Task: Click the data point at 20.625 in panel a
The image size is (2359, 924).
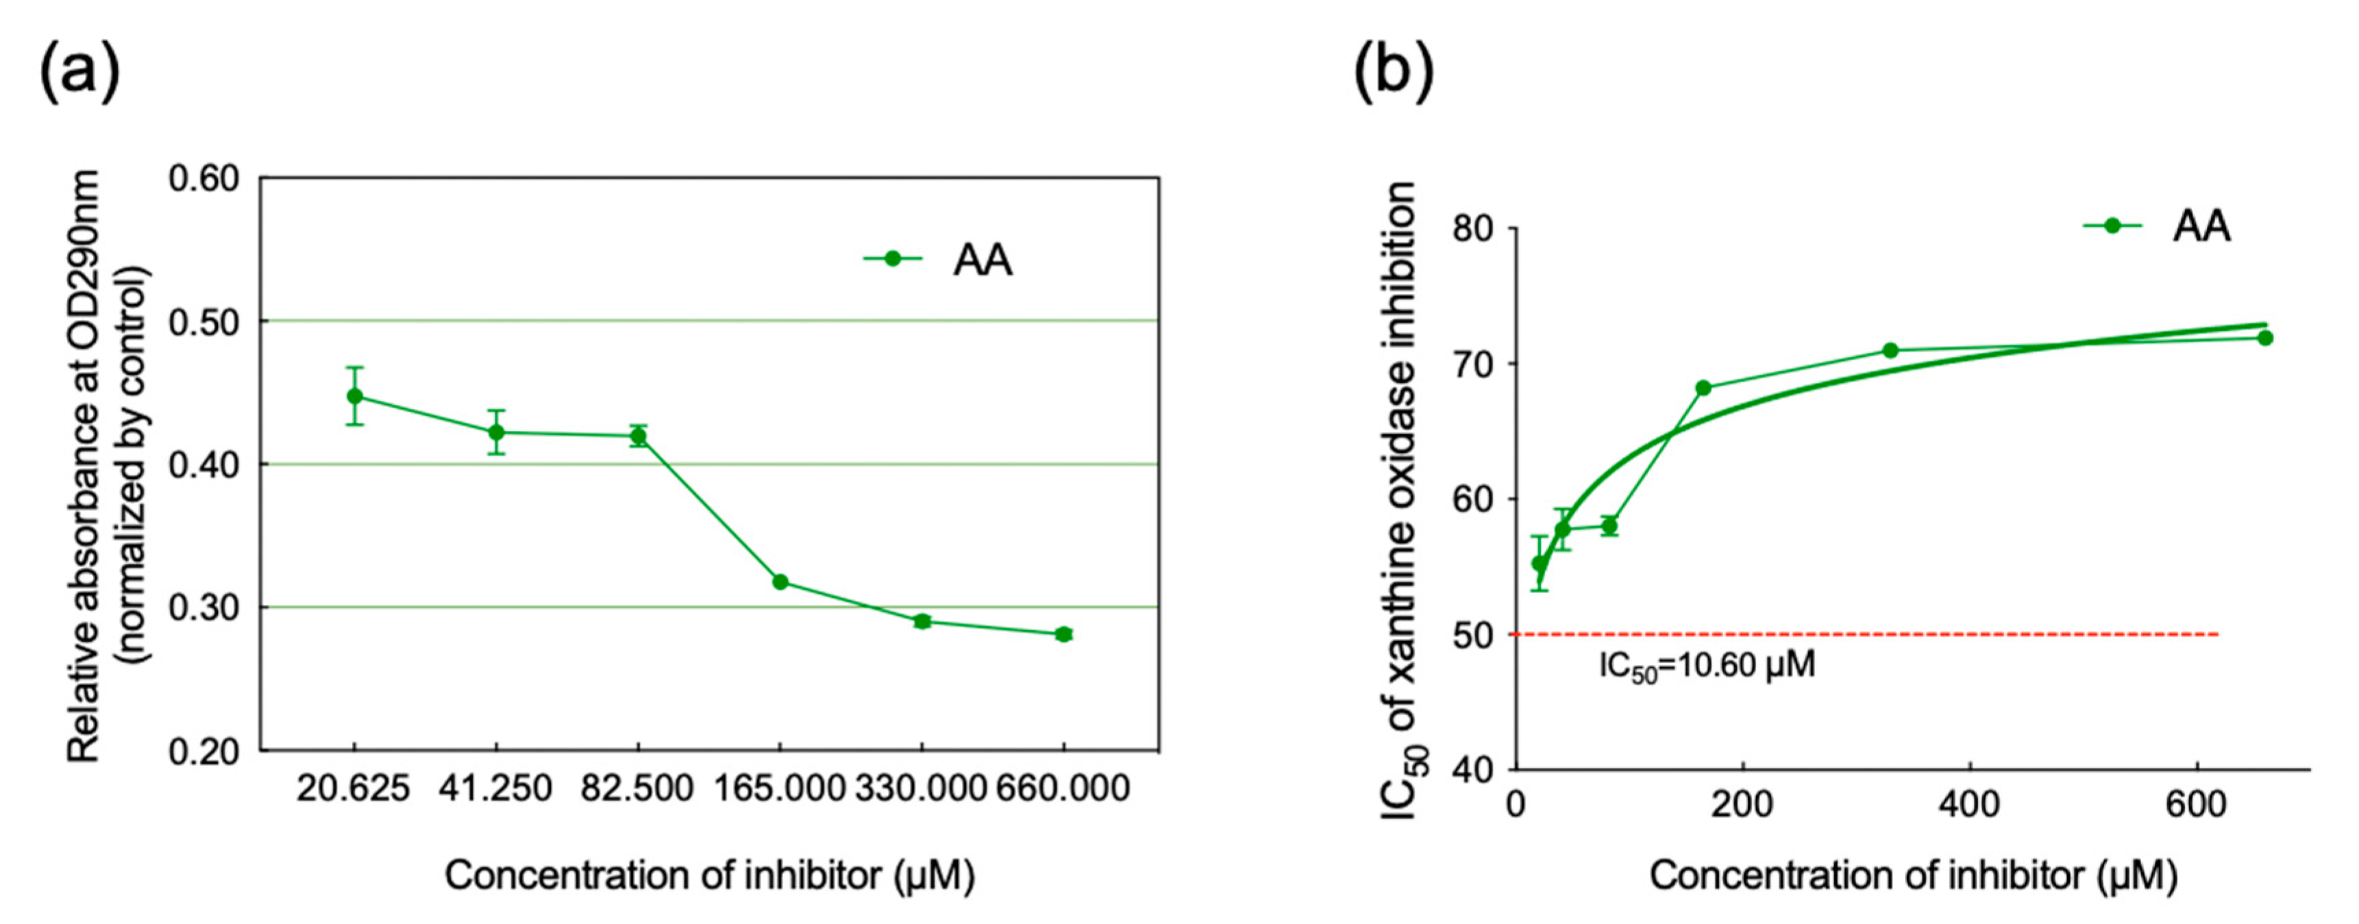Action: coord(354,397)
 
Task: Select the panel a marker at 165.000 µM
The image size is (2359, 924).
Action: coord(780,582)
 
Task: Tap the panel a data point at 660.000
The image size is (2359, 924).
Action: coord(1063,634)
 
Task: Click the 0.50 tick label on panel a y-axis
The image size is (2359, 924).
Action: coord(203,323)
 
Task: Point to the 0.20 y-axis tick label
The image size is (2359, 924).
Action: coord(203,752)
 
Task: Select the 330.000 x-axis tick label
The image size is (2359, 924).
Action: coord(922,788)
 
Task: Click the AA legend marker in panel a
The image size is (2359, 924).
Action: coord(892,259)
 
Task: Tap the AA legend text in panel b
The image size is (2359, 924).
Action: coord(2201,226)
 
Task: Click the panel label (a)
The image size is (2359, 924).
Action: coord(79,71)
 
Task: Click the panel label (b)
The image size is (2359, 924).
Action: coord(1393,71)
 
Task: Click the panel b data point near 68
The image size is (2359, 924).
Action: coord(1703,388)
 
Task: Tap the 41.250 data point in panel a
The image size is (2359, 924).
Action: coord(496,432)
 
